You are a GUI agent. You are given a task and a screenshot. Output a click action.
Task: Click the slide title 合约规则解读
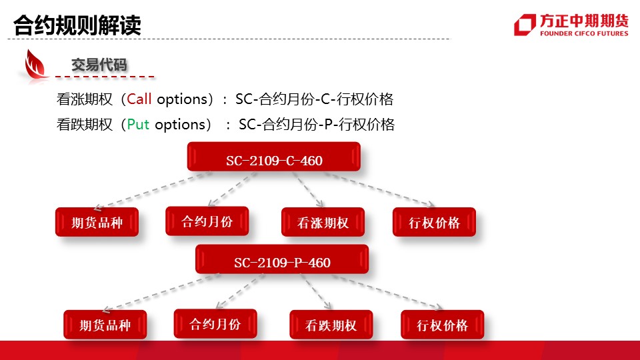(x=77, y=25)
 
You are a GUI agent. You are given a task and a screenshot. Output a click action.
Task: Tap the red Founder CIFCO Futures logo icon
(x=525, y=25)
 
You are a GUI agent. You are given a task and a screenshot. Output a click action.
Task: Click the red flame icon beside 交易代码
(x=34, y=65)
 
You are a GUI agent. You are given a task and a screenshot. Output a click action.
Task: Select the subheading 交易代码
(x=99, y=65)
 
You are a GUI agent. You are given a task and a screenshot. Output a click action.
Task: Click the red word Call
(x=139, y=99)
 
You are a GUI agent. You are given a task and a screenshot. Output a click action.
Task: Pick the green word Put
(x=138, y=125)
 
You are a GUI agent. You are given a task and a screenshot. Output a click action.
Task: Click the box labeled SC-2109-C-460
(x=274, y=157)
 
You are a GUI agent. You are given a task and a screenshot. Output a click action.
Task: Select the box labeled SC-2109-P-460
(x=282, y=259)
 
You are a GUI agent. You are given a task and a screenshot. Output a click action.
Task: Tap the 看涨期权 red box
(x=323, y=222)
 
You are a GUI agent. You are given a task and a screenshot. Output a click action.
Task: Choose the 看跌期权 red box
(x=331, y=325)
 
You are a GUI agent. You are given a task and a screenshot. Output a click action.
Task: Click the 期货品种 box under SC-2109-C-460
(x=97, y=222)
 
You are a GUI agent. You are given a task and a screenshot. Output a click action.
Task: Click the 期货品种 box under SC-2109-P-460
(x=105, y=325)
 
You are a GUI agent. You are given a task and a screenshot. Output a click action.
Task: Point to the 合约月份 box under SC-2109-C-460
(x=207, y=221)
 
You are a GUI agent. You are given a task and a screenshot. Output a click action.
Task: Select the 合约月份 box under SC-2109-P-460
(x=215, y=324)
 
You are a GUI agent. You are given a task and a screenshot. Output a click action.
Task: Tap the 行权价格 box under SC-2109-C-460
(x=434, y=222)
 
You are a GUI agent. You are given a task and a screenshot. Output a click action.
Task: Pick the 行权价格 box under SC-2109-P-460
(x=443, y=325)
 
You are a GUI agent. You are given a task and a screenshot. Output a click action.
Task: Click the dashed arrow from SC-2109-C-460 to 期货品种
(x=153, y=191)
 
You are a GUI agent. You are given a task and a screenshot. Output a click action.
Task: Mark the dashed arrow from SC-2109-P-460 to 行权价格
(x=388, y=292)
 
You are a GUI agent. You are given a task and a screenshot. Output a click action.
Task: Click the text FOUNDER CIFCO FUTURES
(x=584, y=33)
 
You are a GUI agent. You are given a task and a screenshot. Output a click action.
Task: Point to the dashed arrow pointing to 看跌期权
(x=316, y=291)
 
